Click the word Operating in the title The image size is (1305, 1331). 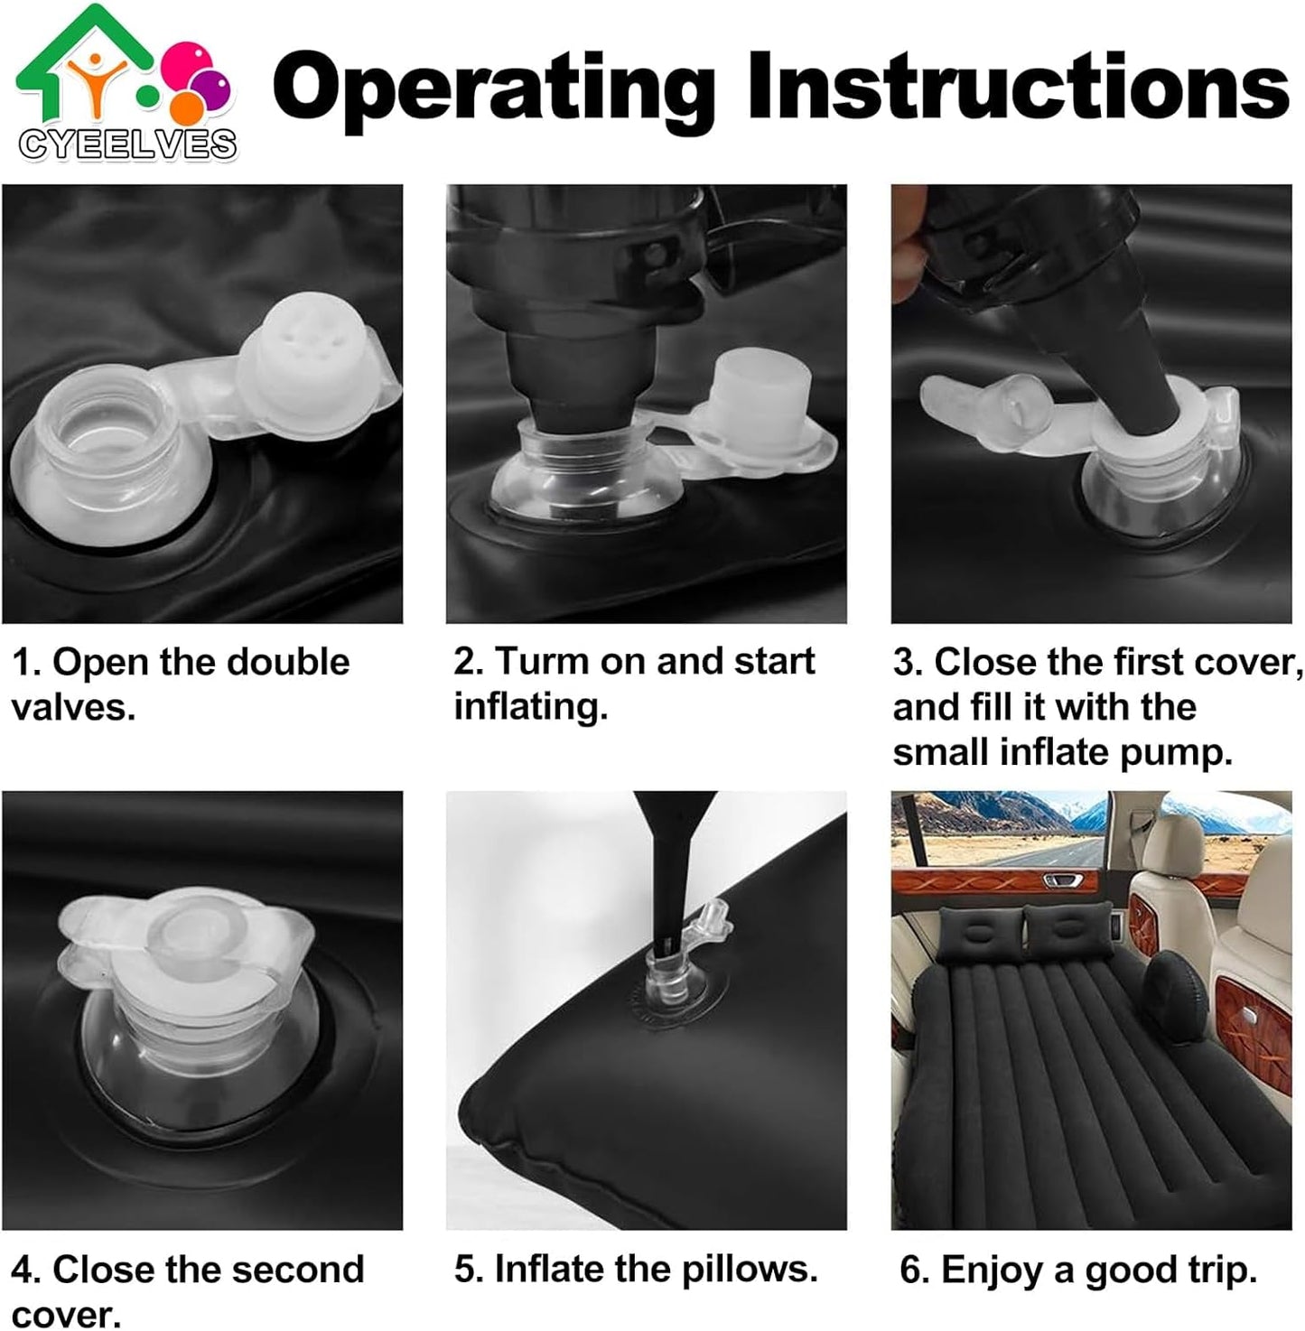494,91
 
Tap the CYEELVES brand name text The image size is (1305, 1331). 127,145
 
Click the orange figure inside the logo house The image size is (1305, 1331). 96,81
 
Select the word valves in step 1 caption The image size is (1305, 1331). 73,707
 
